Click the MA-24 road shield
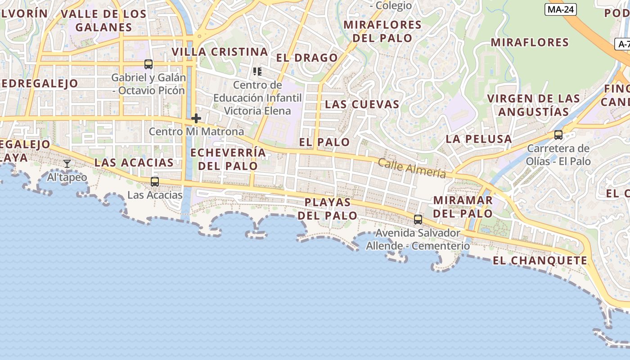click(x=561, y=9)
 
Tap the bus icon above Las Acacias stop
click(x=155, y=182)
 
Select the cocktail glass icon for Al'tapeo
click(x=67, y=164)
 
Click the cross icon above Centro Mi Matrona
click(x=196, y=118)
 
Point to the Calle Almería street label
click(x=412, y=168)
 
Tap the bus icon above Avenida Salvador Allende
click(x=418, y=220)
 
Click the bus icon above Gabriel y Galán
click(x=148, y=64)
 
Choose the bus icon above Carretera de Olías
click(x=558, y=135)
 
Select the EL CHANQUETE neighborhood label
click(x=540, y=261)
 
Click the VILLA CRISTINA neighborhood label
click(x=220, y=52)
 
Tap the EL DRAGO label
click(x=307, y=58)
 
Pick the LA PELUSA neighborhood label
click(x=479, y=139)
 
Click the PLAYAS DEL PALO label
click(x=328, y=209)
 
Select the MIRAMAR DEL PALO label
click(x=463, y=207)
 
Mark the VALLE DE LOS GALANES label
click(x=103, y=20)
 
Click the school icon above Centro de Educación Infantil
click(x=257, y=71)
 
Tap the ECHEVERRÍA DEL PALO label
click(x=228, y=159)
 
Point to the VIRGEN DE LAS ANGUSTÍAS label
click(x=534, y=105)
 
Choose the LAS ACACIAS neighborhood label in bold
click(x=134, y=162)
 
